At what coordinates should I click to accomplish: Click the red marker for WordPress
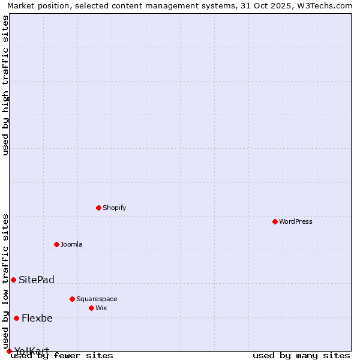tap(275, 221)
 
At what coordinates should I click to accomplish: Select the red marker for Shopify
tap(99, 208)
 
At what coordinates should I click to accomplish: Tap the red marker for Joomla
tap(57, 244)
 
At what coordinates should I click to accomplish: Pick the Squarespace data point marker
tap(73, 299)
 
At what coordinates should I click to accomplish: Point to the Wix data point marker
tap(92, 308)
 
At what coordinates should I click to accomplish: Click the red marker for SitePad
tap(13, 280)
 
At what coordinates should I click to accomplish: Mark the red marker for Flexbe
tap(16, 318)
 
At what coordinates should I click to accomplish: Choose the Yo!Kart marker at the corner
tap(9, 351)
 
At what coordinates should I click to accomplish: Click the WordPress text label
tap(296, 221)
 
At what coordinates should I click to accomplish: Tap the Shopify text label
tap(115, 208)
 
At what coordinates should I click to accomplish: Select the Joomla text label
tap(71, 244)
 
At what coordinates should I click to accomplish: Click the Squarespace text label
tap(97, 299)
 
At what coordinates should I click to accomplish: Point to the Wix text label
tap(101, 308)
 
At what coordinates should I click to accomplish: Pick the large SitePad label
tap(37, 280)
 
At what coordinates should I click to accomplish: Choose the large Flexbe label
tap(37, 318)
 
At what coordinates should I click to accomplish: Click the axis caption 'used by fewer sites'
tap(62, 355)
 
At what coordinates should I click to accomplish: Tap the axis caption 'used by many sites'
tap(301, 355)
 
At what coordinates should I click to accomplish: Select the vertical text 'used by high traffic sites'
tap(6, 85)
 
